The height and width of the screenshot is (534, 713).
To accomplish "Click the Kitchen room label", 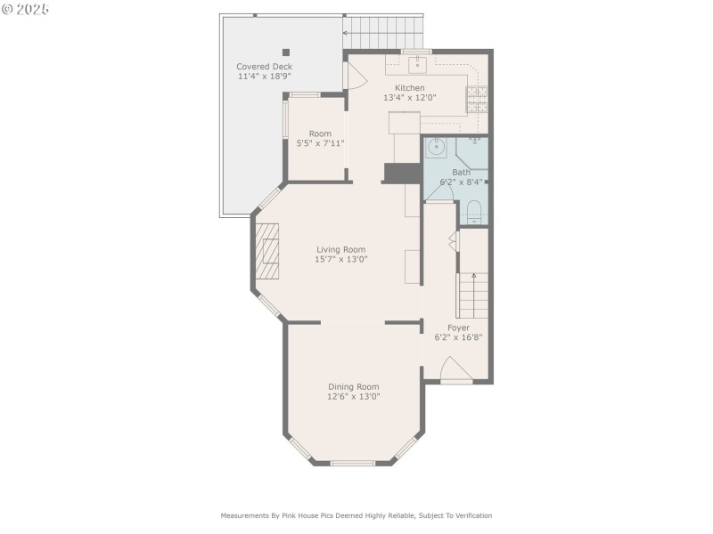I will tap(410, 88).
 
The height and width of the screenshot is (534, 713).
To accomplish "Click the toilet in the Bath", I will tap(473, 212).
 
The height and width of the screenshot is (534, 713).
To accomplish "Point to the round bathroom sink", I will tap(436, 148).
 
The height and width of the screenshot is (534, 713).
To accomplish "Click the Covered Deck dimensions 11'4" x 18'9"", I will tap(265, 77).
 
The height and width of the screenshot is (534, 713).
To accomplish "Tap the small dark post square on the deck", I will tap(286, 52).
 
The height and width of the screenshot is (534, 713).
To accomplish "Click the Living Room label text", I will tap(341, 249).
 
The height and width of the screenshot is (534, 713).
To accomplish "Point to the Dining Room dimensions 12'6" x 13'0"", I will tap(354, 397).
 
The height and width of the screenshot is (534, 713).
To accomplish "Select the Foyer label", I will tap(458, 328).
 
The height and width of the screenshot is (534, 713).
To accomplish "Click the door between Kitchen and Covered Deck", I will tap(354, 77).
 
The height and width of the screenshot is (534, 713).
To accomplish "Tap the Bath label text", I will tap(461, 172).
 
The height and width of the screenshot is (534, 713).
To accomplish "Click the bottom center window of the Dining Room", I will tap(353, 463).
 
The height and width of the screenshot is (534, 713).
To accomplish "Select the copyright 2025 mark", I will tap(26, 9).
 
